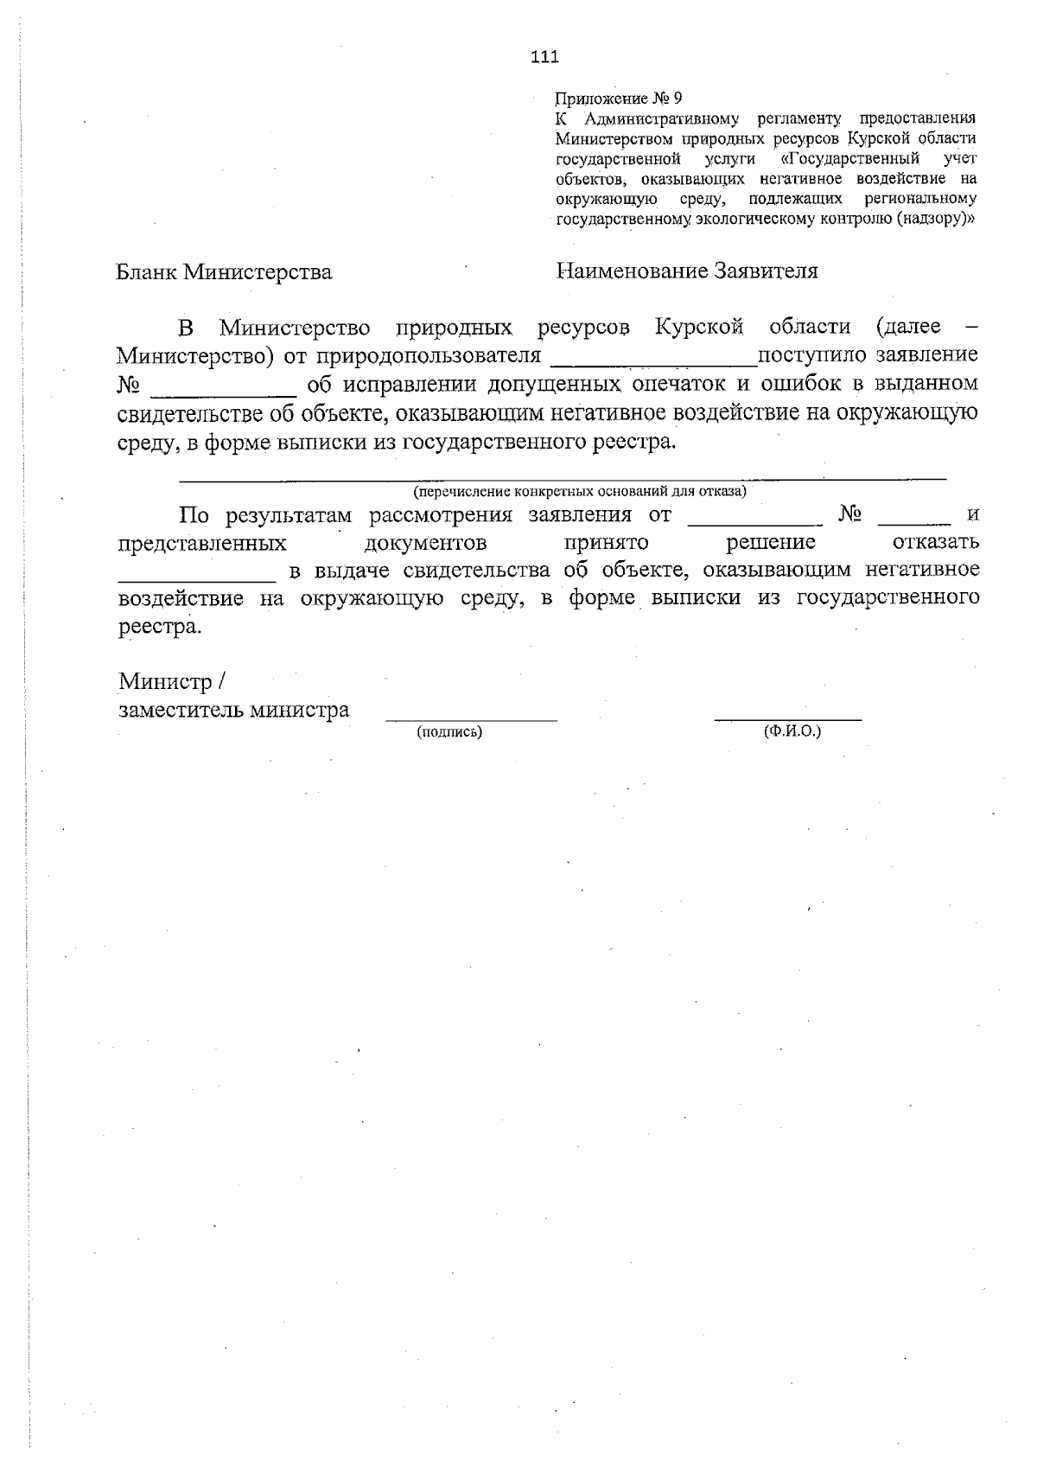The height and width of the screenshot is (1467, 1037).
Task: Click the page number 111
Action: point(544,57)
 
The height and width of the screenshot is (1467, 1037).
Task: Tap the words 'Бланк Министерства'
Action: point(224,272)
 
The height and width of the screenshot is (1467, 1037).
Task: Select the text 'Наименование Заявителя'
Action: point(687,271)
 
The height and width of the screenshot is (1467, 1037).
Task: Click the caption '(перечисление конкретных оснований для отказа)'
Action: point(580,492)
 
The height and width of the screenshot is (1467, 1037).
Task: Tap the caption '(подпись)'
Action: point(449,732)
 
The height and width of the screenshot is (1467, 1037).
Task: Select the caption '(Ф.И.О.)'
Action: point(792,731)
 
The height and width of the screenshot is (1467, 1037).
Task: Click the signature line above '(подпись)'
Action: point(472,718)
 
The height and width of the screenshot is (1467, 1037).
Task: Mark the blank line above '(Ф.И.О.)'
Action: point(788,718)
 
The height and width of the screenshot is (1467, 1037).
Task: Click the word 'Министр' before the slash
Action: point(165,682)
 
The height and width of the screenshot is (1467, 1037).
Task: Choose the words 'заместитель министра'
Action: point(234,711)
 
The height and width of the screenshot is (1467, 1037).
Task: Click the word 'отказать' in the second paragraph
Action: point(935,543)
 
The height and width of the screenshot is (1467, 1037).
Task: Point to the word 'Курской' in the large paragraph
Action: point(699,328)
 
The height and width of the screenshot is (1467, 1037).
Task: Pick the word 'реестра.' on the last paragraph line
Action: point(160,627)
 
